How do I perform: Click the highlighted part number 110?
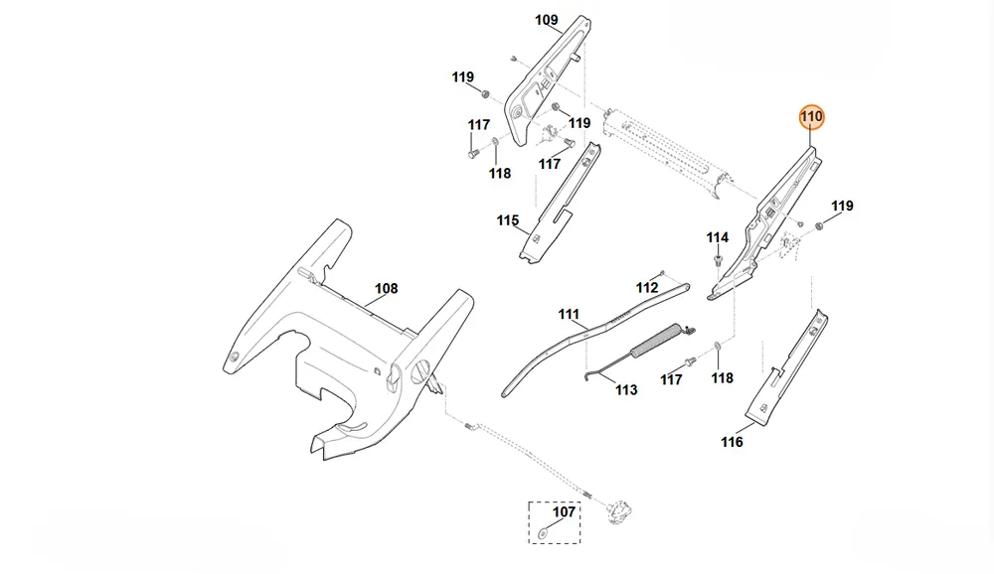click(x=811, y=116)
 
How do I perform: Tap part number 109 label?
click(x=547, y=20)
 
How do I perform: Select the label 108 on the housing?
click(x=386, y=289)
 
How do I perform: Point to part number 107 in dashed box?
click(x=564, y=511)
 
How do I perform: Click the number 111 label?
click(x=569, y=314)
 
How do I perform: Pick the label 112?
click(x=647, y=288)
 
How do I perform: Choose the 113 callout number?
click(x=626, y=390)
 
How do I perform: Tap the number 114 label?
click(x=718, y=237)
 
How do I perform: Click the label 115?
click(x=508, y=220)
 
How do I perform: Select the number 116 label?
click(x=733, y=442)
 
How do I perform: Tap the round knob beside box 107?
click(x=620, y=511)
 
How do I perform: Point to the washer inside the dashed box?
click(x=544, y=533)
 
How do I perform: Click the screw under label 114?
click(x=718, y=260)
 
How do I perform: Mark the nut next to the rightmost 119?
click(x=818, y=225)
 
